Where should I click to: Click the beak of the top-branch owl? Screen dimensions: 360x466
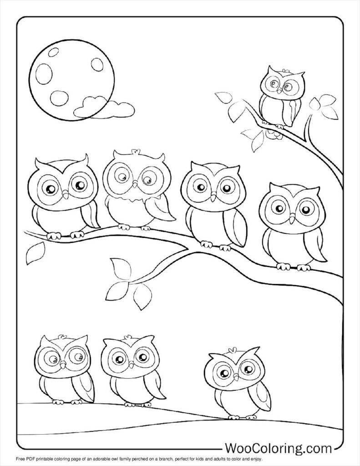(x=279, y=91)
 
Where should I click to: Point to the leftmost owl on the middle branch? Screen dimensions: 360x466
(x=63, y=196)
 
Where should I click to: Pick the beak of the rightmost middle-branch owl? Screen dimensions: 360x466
(x=292, y=220)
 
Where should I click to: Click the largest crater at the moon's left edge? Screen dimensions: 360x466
(x=44, y=72)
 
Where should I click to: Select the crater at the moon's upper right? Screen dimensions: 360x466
(x=96, y=63)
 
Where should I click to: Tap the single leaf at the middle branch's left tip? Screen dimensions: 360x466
(x=35, y=253)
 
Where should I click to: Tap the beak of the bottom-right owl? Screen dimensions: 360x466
(x=236, y=377)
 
